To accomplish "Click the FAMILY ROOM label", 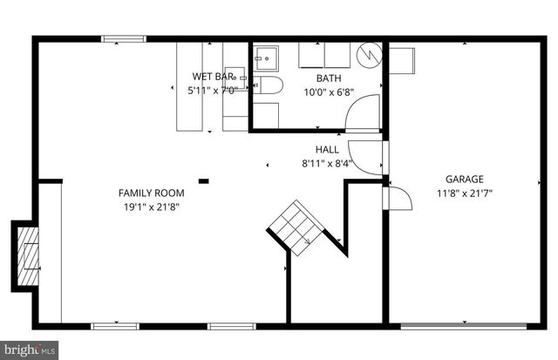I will [151, 193].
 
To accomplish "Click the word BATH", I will [316, 78].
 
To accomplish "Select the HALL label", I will [327, 149].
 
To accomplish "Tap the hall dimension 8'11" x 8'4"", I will [327, 162].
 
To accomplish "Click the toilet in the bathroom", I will [268, 85].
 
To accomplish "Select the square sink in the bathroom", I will [265, 58].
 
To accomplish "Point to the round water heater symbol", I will [371, 54].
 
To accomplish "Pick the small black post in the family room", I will [203, 181].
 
